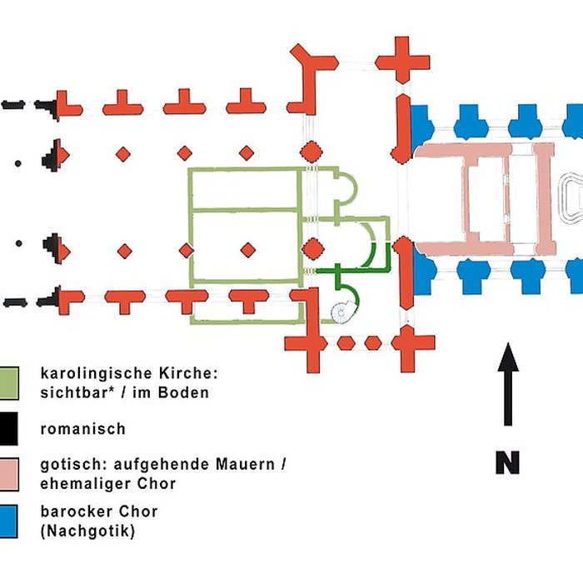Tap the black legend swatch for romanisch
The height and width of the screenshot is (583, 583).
coord(10,430)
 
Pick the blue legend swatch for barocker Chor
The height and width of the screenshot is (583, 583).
coord(10,519)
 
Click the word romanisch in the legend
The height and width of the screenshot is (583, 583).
coord(83,430)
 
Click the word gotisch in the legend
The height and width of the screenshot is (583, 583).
coord(68,465)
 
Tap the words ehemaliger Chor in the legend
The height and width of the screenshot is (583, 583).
coord(107,483)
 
